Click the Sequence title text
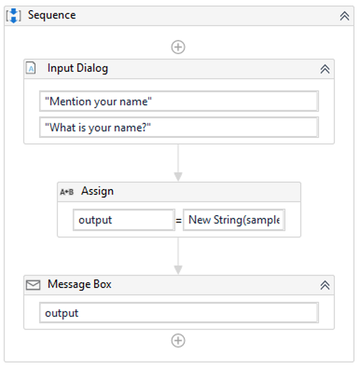coord(52,15)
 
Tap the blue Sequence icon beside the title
coord(13,15)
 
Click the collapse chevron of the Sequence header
coord(345,16)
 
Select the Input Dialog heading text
coord(78,68)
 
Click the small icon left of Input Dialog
coord(31,69)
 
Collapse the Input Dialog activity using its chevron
coord(325,69)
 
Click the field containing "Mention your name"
coord(178,101)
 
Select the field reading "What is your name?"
coord(178,127)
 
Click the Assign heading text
coord(97,191)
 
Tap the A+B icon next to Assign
coord(66,192)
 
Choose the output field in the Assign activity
coord(124,220)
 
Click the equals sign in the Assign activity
coord(178,220)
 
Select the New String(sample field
coord(234,220)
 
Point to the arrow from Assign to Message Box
coord(178,256)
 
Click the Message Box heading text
coord(80,284)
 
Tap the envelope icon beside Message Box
coord(33,285)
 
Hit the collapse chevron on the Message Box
coord(325,285)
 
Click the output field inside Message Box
coord(178,313)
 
